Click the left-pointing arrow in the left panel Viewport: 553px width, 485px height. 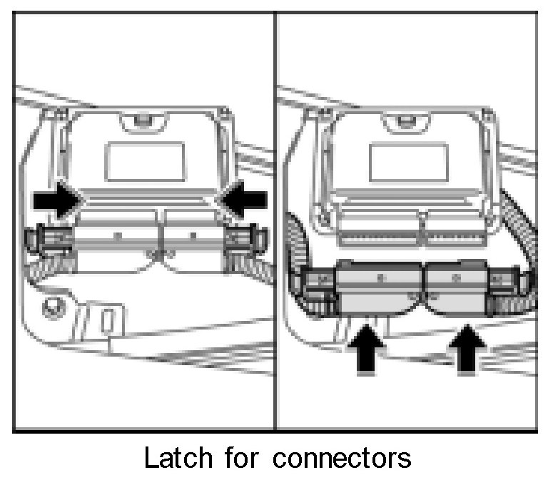pyautogui.click(x=243, y=202)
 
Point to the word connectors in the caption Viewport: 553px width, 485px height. pyautogui.click(x=343, y=457)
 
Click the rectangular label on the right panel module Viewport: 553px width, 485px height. pyautogui.click(x=407, y=160)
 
